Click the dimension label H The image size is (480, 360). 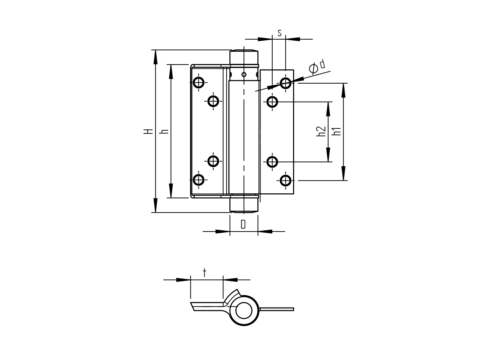148,131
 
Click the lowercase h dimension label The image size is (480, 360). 165,131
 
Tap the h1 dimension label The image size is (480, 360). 337,131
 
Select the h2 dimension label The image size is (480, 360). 321,131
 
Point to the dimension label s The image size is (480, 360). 279,33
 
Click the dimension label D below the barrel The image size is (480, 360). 243,224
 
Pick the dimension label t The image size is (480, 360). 204,272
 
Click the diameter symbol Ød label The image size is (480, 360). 317,66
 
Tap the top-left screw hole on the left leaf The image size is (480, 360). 199,82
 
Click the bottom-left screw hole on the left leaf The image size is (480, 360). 199,180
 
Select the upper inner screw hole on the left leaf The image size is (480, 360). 213,101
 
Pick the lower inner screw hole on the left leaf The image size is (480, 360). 213,161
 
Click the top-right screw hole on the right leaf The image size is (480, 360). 286,82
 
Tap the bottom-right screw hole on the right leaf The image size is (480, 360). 286,180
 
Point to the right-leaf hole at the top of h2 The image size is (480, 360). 272,101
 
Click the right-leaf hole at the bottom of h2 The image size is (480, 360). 272,162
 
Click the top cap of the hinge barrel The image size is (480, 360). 244,57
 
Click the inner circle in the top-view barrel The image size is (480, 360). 244,311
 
